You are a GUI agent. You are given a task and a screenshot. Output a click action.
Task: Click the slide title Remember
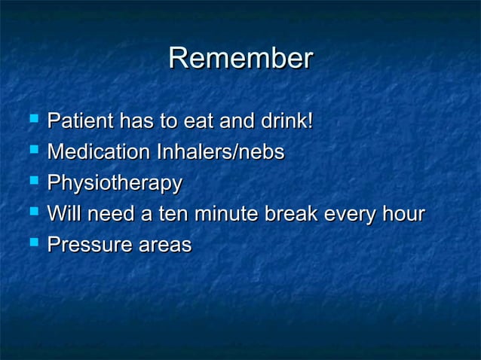click(x=240, y=59)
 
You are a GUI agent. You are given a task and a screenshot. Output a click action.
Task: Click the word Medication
click(x=98, y=152)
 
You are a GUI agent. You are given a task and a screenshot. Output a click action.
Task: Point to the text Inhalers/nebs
click(x=220, y=152)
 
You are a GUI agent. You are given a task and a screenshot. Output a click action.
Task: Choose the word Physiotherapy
click(x=115, y=184)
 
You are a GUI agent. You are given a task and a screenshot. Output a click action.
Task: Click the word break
click(x=291, y=215)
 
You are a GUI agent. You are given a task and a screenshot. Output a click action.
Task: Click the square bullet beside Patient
click(x=32, y=120)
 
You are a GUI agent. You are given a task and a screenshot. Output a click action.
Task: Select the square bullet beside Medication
click(x=32, y=151)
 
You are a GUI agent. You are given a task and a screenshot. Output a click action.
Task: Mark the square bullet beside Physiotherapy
click(x=32, y=182)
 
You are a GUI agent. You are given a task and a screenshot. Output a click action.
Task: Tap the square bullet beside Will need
click(x=32, y=213)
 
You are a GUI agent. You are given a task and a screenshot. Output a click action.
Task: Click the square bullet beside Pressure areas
click(x=32, y=244)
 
